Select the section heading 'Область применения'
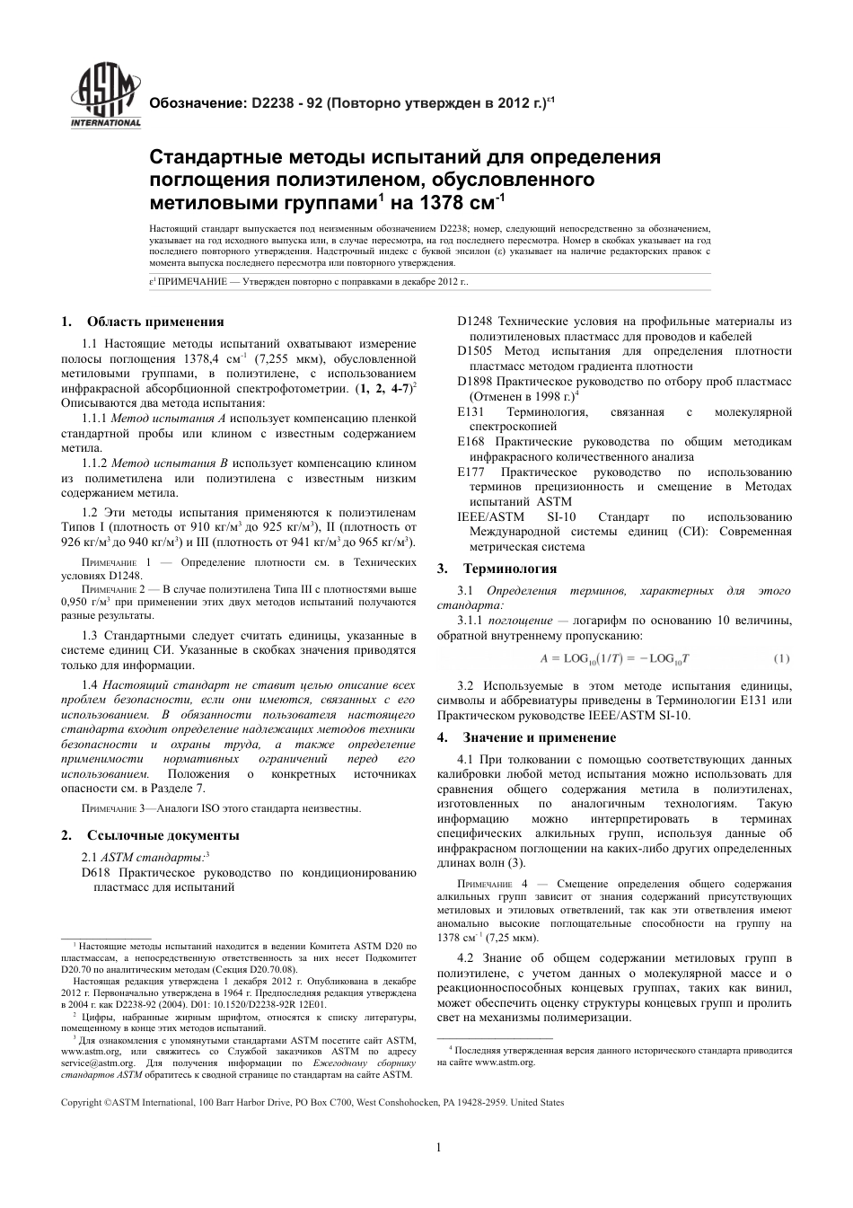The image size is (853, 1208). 154,322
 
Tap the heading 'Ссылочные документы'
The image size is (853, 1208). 163,835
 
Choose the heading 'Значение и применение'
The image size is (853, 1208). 539,737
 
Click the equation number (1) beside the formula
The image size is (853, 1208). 780,658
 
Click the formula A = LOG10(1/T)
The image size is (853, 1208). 615,658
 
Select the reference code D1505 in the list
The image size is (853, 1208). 475,351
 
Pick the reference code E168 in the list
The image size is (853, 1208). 472,442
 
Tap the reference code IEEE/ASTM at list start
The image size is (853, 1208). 486,516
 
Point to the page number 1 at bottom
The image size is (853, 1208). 437,1147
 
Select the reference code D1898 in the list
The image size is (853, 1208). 475,382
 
